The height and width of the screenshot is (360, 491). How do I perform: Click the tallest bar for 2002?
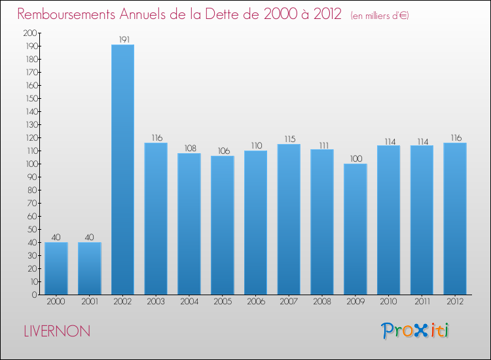(x=122, y=170)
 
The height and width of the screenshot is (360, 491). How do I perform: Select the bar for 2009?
(x=355, y=229)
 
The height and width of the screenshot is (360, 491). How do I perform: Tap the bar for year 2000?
(x=56, y=268)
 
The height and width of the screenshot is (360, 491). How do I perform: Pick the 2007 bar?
(x=289, y=219)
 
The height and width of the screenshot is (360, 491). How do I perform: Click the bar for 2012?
(x=455, y=219)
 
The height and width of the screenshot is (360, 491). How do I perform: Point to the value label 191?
(x=122, y=39)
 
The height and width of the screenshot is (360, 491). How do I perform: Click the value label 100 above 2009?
(x=355, y=159)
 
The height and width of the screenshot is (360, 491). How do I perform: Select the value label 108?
(x=189, y=149)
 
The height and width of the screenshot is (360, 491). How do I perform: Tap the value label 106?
(x=223, y=151)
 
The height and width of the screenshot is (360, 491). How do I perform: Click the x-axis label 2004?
(x=189, y=302)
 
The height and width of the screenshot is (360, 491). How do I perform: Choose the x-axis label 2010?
(x=389, y=302)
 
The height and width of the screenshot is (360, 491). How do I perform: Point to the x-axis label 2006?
(x=255, y=302)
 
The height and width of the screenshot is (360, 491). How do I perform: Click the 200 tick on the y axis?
(x=30, y=33)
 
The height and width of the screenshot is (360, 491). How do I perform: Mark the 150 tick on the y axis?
(x=30, y=98)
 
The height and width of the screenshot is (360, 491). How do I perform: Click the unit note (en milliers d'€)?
(x=380, y=16)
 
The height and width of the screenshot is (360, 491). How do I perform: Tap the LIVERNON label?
(x=57, y=331)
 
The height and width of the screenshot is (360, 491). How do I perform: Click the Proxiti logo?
(x=416, y=331)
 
